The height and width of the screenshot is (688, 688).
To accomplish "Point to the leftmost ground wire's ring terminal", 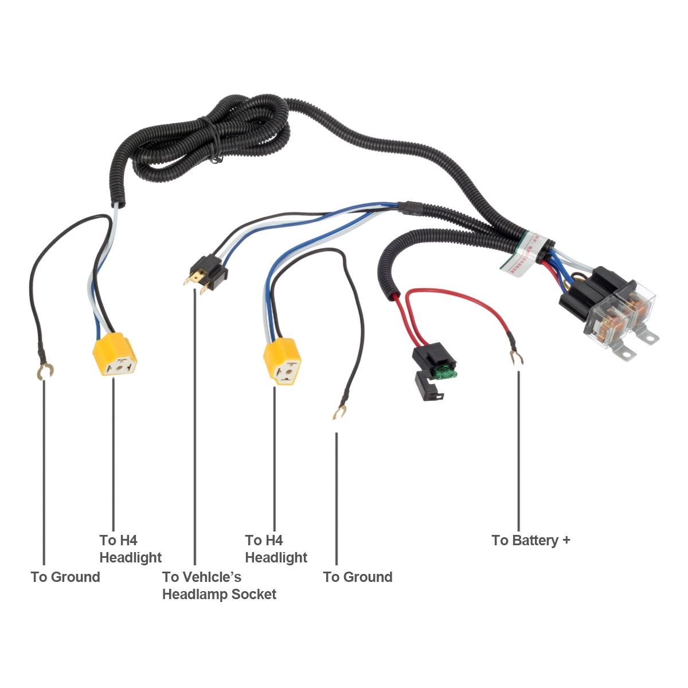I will (x=44, y=372).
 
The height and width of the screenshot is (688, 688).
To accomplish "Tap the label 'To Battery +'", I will (x=530, y=540).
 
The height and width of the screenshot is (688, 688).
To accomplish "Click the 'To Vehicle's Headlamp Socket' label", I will (x=219, y=585).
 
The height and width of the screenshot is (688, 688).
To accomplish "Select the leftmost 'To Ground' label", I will (x=65, y=577).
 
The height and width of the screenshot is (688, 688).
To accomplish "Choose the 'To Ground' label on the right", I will (x=358, y=577).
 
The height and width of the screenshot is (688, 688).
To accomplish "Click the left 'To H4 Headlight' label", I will (x=130, y=549).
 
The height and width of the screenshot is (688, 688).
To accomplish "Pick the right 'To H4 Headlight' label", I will (x=276, y=549).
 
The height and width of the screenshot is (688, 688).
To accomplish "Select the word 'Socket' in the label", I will (x=254, y=594).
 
